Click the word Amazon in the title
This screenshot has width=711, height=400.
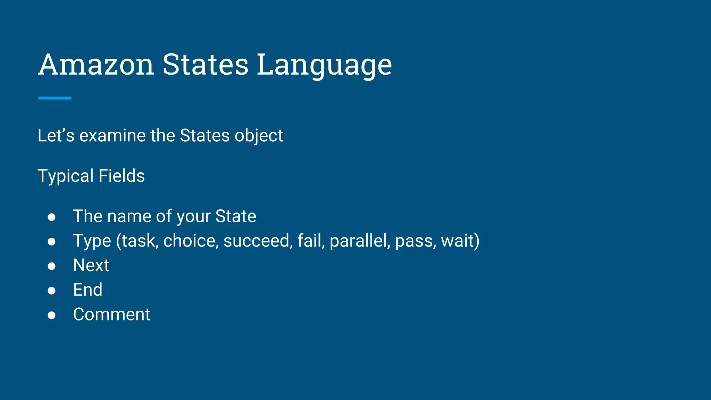96,65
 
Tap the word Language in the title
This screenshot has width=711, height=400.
324,65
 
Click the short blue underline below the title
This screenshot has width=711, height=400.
55,98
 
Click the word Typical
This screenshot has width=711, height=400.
66,176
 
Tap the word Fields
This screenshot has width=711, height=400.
122,176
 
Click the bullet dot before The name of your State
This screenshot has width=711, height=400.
52,217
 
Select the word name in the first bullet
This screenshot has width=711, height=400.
129,217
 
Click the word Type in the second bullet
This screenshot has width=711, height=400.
92,241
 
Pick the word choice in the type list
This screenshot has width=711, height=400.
191,241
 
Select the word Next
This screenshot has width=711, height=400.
91,266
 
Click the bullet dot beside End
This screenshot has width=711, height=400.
52,290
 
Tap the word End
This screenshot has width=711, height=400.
88,290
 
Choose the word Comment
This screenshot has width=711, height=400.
111,315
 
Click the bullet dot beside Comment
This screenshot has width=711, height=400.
52,315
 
